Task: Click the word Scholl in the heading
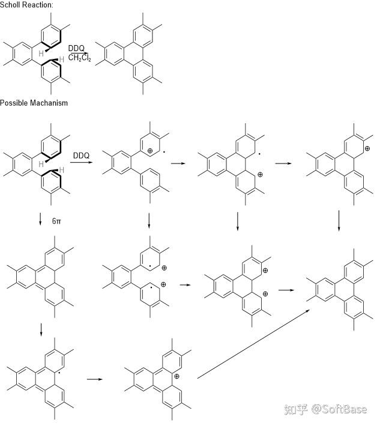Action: tap(10, 4)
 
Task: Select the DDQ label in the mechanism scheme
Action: tap(81, 156)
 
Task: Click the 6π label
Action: tap(56, 221)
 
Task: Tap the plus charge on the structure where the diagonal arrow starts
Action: tap(176, 377)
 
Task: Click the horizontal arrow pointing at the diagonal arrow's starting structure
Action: tap(94, 379)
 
